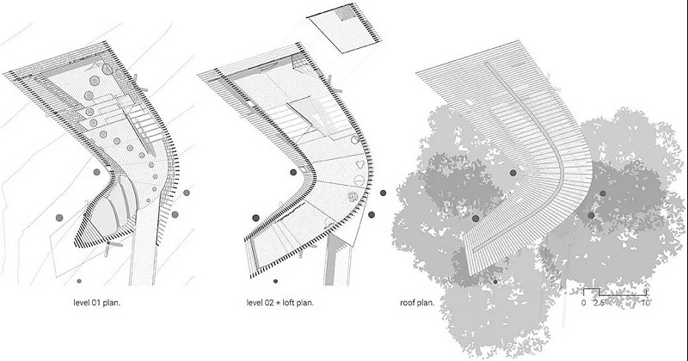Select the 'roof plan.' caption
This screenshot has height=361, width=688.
[418, 303]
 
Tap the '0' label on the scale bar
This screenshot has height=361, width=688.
[583, 303]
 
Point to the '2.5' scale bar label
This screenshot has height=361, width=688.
[599, 303]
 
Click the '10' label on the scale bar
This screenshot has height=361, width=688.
[645, 303]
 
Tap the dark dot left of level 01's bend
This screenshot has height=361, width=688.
[96, 172]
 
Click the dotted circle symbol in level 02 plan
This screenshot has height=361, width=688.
[352, 198]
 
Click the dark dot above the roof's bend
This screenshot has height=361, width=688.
[513, 173]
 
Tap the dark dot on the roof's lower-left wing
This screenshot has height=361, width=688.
[476, 219]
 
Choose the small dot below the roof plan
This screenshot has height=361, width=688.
[496, 280]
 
